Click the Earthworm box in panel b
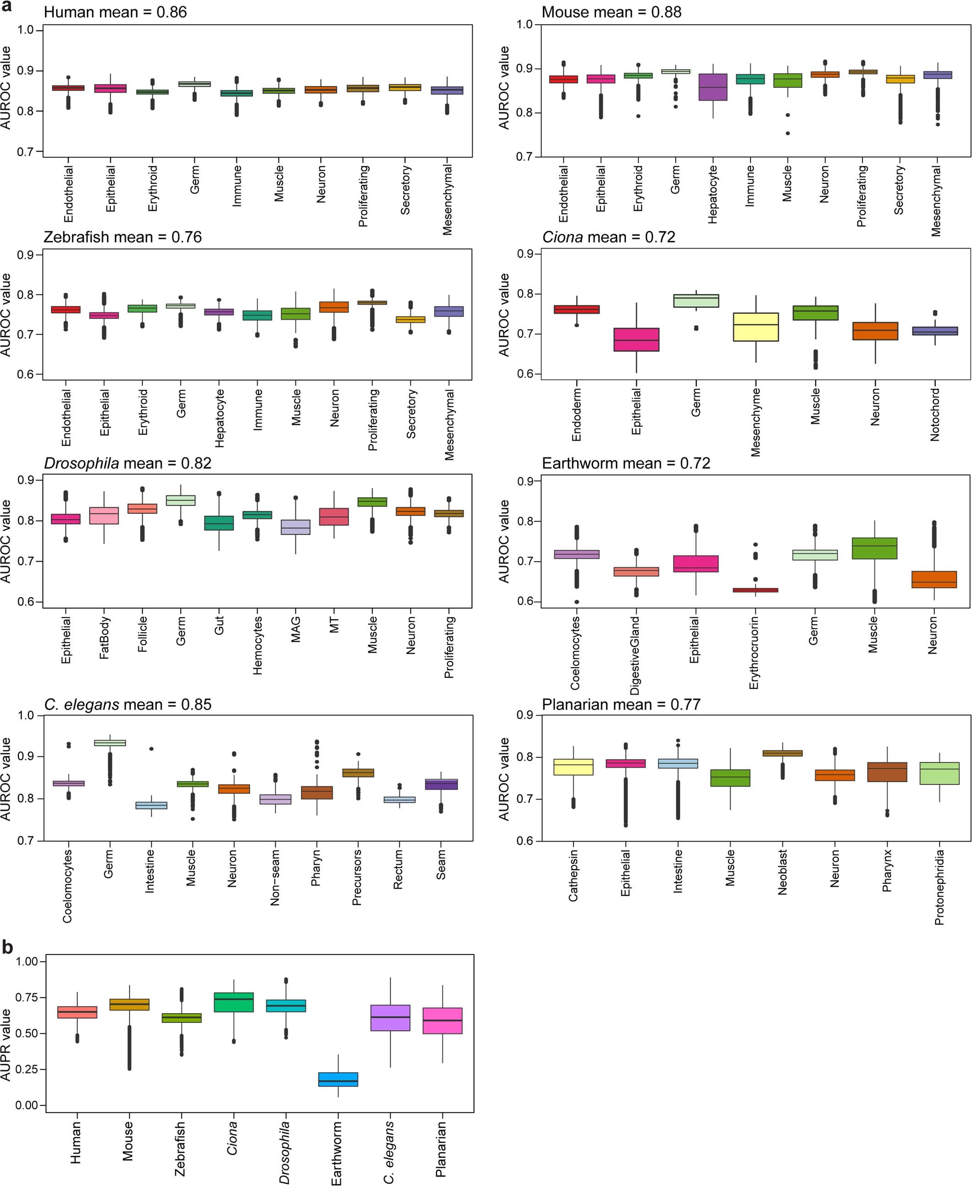338,1079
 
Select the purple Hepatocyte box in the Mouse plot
712,87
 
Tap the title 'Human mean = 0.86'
115,12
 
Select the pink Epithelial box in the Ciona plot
636,340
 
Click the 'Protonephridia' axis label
939,887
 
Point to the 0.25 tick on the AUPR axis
26,1070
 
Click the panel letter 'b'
7,946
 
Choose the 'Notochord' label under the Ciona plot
934,414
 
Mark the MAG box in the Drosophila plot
295,527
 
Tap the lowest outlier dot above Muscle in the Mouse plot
787,133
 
